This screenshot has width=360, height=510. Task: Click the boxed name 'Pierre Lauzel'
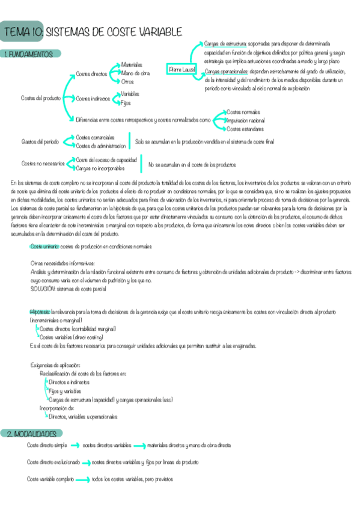click(183, 70)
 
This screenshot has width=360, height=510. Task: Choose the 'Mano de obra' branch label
click(135, 73)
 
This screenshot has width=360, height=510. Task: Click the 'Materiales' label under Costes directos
click(133, 64)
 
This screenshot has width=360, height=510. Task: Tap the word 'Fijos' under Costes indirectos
click(126, 103)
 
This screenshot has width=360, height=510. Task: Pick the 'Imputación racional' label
click(245, 120)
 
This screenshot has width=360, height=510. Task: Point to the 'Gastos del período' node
click(40, 142)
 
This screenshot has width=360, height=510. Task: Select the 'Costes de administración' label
click(101, 146)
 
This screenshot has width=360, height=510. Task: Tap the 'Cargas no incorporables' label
click(100, 168)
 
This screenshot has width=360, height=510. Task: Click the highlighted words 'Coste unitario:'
click(45, 247)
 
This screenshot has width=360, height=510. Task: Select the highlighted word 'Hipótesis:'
click(40, 312)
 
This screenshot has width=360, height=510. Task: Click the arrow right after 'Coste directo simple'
click(75, 446)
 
